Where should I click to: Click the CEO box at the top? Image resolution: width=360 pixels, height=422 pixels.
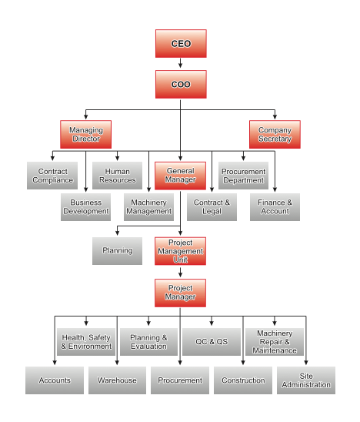click(x=181, y=43)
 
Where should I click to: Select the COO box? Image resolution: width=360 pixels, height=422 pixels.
click(x=181, y=84)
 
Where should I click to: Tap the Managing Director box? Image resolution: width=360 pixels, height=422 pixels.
click(x=85, y=134)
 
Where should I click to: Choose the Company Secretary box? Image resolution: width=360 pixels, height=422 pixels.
click(x=275, y=134)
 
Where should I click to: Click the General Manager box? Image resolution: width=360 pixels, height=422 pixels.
click(x=180, y=176)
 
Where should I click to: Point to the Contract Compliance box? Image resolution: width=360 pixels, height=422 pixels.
click(x=52, y=176)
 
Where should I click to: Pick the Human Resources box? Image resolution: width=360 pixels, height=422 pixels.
click(x=117, y=176)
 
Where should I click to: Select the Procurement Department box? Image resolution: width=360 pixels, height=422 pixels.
click(x=243, y=176)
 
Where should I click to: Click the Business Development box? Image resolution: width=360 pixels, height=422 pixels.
click(x=85, y=207)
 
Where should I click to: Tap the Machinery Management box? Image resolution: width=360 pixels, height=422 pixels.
click(x=148, y=207)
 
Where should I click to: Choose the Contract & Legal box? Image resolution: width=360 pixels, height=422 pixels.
click(x=212, y=207)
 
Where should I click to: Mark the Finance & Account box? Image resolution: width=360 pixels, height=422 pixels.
click(x=275, y=207)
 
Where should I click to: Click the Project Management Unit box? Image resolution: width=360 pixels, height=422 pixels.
click(x=180, y=251)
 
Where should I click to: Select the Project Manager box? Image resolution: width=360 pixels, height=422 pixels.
click(x=180, y=293)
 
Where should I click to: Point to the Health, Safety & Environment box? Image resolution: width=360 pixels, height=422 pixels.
click(x=86, y=342)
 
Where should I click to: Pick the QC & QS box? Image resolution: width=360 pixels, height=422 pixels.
click(x=212, y=342)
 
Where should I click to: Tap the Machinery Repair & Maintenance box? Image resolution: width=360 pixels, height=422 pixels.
click(x=275, y=342)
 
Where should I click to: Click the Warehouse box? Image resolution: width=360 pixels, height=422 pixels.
click(x=117, y=380)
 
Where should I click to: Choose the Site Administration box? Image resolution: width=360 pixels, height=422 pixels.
click(x=306, y=380)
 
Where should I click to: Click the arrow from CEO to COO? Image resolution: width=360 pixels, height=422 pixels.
click(x=181, y=63)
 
